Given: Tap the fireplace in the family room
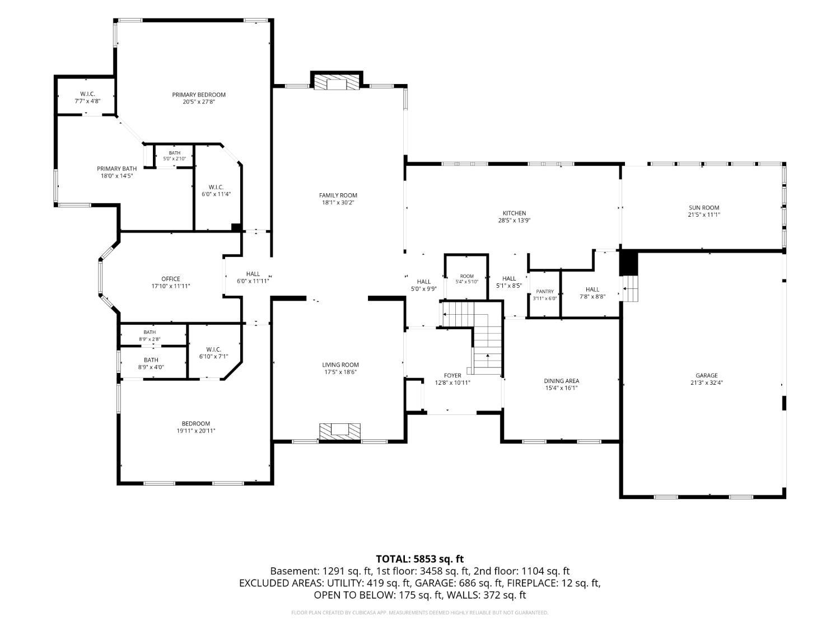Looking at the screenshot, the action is click(337, 81).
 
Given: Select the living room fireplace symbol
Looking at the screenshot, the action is click(340, 431).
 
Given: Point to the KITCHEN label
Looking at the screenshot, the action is click(514, 213).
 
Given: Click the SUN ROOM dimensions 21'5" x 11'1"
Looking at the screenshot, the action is click(704, 214).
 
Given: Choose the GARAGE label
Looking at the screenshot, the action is click(707, 375).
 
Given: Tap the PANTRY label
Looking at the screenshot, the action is click(544, 291).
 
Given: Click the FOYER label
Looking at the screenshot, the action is click(452, 375).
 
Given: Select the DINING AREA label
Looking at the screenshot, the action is click(561, 381).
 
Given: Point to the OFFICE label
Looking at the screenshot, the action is click(171, 279).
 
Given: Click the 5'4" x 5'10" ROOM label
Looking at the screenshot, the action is click(466, 279).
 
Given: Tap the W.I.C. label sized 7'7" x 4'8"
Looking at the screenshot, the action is click(87, 97).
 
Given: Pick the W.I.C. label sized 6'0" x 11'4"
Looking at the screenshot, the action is click(216, 190).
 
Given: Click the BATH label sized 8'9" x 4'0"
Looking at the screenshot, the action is click(151, 363).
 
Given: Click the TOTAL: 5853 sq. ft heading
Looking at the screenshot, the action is click(420, 559).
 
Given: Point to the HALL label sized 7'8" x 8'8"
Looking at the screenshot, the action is click(592, 293).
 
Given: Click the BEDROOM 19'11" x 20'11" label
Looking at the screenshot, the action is click(195, 427).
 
